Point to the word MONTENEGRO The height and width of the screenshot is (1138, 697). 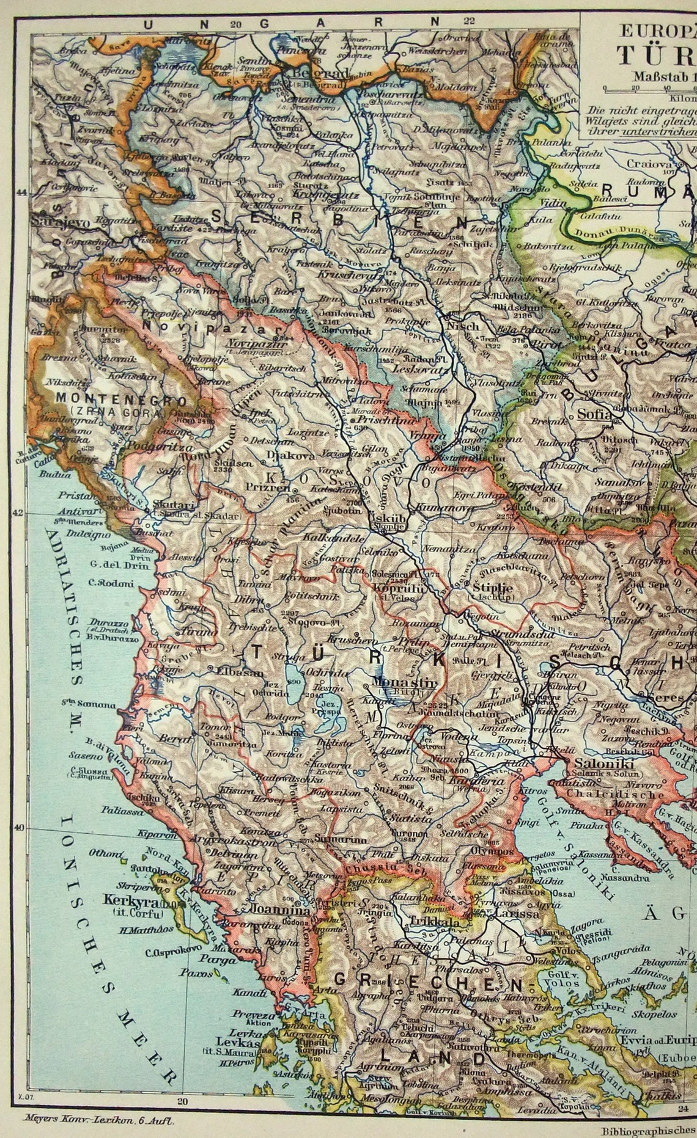coord(112,400)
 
